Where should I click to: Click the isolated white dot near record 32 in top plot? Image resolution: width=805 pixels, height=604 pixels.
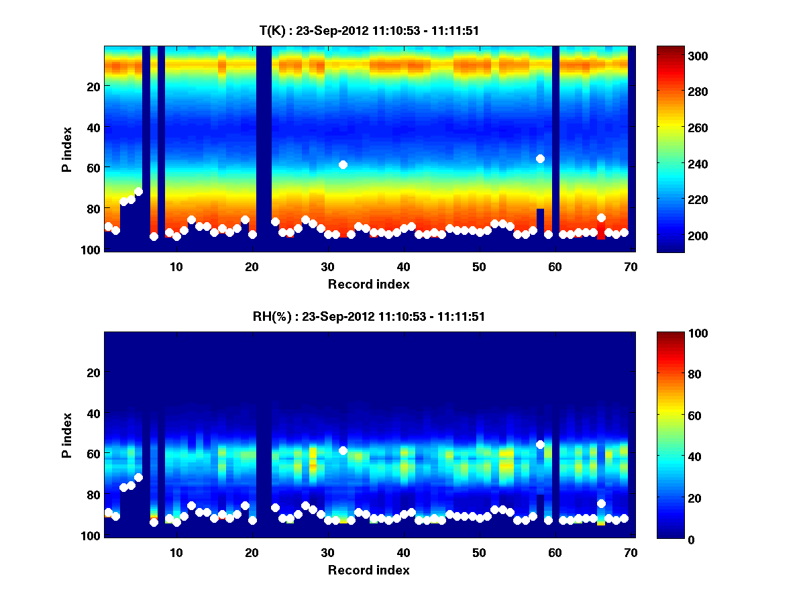click(x=343, y=164)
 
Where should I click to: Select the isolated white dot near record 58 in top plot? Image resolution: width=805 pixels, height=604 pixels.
click(x=540, y=158)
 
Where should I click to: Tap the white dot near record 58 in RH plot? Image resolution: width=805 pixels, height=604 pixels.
click(x=540, y=444)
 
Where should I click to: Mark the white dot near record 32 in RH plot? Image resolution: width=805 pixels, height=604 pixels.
click(x=343, y=450)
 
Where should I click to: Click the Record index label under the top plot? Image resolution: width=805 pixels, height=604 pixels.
click(x=368, y=284)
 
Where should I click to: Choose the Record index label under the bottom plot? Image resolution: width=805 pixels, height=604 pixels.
click(x=368, y=570)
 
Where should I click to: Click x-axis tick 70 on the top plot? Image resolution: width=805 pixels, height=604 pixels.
click(x=630, y=266)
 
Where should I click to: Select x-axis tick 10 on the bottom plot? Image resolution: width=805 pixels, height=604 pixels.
click(x=176, y=552)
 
